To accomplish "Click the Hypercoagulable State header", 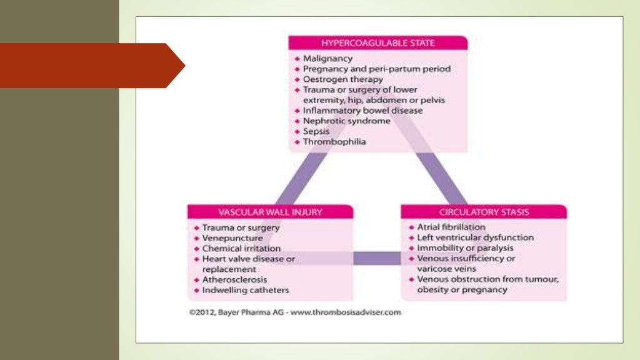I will point(377,43).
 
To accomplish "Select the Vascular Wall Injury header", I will point(270,212).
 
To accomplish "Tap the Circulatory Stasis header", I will point(484,212).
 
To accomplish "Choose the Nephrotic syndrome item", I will point(346,121).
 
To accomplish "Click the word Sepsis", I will point(316,131).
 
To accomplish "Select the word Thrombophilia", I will point(334,142).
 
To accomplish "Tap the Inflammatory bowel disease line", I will point(362,111).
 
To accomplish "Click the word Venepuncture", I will point(232,238).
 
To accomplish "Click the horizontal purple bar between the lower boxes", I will point(377,257).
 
